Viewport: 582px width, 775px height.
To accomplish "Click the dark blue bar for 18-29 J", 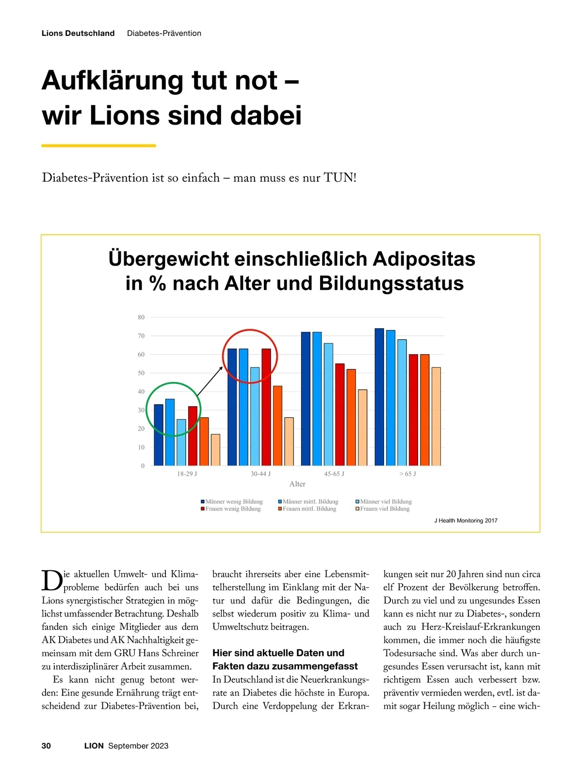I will click(159, 435).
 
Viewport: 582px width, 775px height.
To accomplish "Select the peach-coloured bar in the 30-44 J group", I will click(289, 441).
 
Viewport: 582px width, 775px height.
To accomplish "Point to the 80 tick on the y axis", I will click(141, 317).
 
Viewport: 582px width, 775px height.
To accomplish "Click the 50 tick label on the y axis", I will click(141, 373).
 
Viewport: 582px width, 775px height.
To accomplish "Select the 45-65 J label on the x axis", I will click(334, 474).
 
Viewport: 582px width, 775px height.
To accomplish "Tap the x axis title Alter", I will click(297, 484).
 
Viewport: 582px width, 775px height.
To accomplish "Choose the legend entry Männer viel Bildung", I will click(386, 502).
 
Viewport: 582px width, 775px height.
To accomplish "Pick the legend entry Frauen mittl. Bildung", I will click(309, 509).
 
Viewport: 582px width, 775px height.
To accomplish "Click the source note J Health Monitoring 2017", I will click(466, 521).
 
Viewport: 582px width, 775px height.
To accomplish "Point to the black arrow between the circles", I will click(210, 381).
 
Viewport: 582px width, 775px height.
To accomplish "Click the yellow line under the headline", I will click(98, 145).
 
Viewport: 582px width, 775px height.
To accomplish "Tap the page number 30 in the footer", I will click(46, 746).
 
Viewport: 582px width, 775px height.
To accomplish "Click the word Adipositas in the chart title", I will click(424, 259).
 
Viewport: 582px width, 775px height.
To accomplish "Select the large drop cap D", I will click(52, 580).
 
